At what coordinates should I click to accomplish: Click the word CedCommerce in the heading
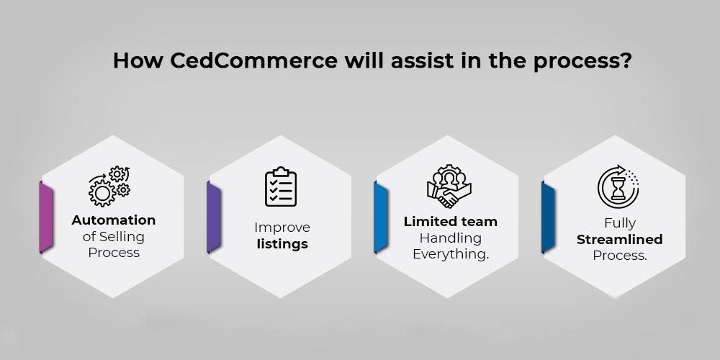click(x=253, y=60)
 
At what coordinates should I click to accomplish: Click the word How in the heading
click(x=138, y=60)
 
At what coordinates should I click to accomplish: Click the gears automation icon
click(x=109, y=186)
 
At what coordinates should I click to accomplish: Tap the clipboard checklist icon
click(x=281, y=186)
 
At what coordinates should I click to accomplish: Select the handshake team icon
click(x=449, y=186)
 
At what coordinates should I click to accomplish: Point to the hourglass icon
click(x=618, y=187)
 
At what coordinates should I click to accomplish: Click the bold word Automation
click(x=114, y=220)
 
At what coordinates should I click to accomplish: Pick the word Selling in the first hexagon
click(x=122, y=237)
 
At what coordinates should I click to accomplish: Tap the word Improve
click(x=282, y=228)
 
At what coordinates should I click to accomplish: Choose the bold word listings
click(x=282, y=244)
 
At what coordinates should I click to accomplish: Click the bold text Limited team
click(x=451, y=221)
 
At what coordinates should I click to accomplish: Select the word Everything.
click(x=451, y=254)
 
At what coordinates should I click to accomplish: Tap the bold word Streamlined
click(x=619, y=239)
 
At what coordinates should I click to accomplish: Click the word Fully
click(x=620, y=224)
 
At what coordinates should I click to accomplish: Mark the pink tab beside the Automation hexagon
click(x=46, y=217)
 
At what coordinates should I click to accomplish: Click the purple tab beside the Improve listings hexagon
click(x=214, y=217)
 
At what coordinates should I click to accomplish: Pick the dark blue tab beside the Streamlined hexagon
click(x=548, y=217)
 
